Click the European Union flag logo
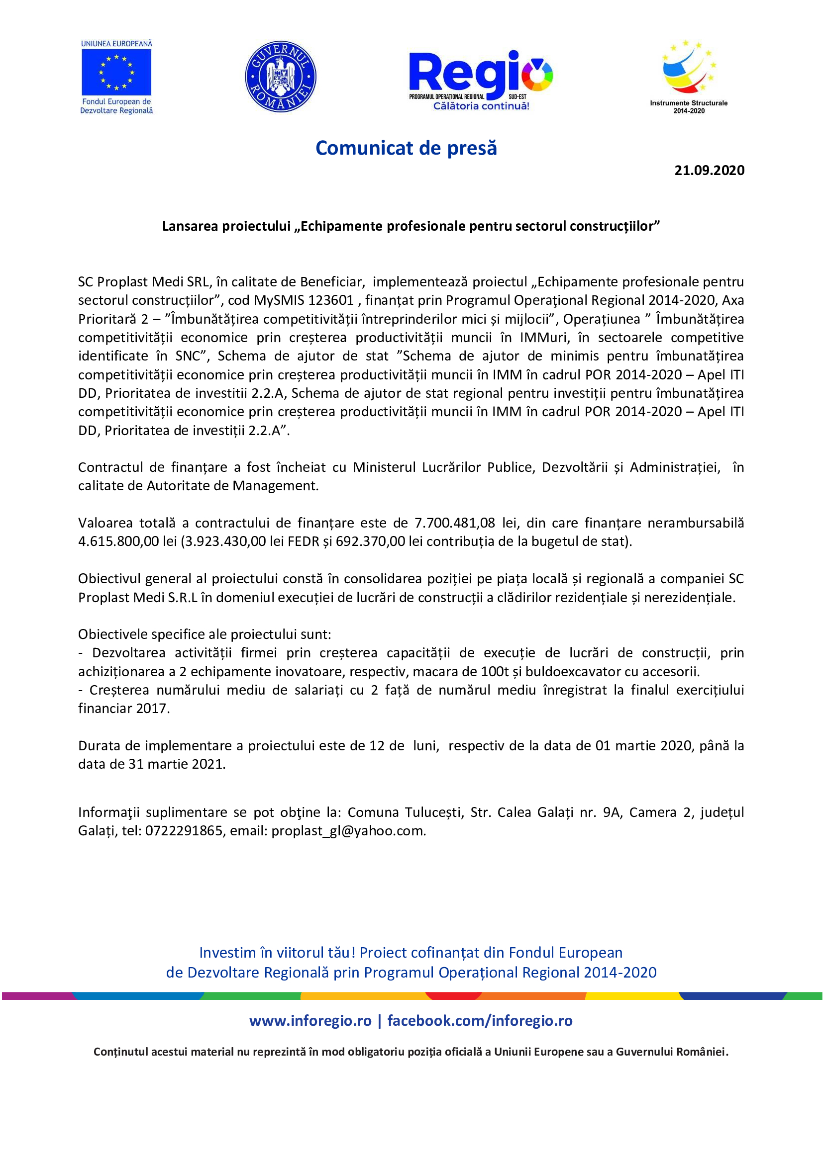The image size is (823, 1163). pos(116,72)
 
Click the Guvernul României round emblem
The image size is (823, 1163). pos(280,77)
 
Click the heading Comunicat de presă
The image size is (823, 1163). pos(406,148)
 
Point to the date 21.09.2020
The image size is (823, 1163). pos(709,170)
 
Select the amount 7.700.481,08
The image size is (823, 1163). pos(455,523)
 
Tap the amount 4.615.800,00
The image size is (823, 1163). pos(118,541)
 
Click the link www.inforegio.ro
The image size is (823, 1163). pos(310,1021)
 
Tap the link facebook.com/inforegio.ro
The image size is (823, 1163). pos(480,1021)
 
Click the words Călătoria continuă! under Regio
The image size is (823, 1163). pos(481,106)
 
